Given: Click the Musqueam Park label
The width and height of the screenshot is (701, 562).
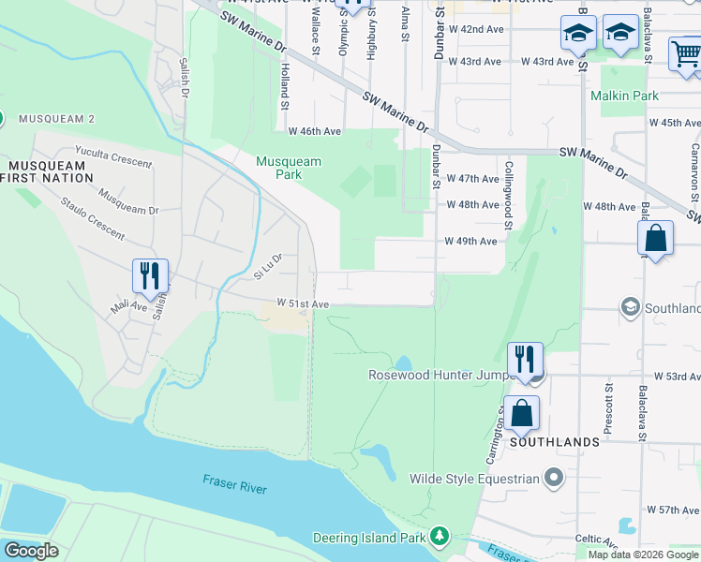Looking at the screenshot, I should tap(289, 168).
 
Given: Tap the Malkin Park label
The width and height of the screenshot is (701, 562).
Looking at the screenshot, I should tap(624, 96).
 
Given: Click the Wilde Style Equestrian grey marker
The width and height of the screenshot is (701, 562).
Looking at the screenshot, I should tap(554, 479).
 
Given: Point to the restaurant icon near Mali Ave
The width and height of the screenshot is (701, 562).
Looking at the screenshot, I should tap(150, 275).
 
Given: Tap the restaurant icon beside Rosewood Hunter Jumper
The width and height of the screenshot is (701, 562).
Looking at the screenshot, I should tap(525, 359).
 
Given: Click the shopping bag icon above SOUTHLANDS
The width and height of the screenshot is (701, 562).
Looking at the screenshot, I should tap(521, 412).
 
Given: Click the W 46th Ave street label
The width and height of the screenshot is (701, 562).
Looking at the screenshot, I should tap(315, 132).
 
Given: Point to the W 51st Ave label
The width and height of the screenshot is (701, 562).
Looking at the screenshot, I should tap(303, 304).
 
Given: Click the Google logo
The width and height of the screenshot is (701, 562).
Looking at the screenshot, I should tap(31, 551).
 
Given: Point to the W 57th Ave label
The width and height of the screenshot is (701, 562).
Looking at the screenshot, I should tap(667, 510).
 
